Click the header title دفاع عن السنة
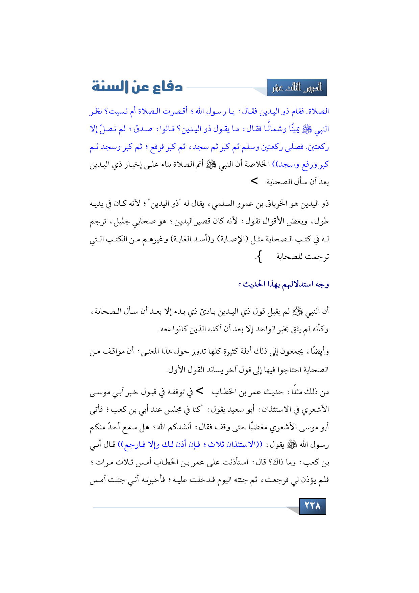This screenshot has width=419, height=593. pos(137,87)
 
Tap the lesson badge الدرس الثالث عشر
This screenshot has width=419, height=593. pos(297,88)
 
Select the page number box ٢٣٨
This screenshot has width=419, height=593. pos(312,506)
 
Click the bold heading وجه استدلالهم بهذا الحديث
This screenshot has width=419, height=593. pos(284,284)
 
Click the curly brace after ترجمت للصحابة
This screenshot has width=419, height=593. pos(259,257)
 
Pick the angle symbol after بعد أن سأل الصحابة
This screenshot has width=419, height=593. pos(254,182)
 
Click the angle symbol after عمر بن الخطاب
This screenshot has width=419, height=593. pos(200,391)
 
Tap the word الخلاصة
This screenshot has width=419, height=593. pos(256,164)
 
